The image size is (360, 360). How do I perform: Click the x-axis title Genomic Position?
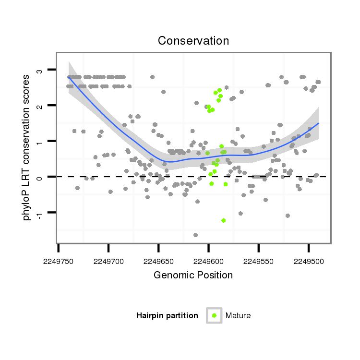(193, 275)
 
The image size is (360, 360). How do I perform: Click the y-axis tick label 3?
(40, 71)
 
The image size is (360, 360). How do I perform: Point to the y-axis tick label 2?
(40, 106)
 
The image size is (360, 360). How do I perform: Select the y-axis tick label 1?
(40, 142)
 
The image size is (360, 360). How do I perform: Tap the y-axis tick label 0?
(40, 177)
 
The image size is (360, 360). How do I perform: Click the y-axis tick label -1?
(40, 214)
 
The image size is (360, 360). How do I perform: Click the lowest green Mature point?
(223, 220)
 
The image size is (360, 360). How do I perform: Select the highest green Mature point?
(219, 90)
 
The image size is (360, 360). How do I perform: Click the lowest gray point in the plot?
(195, 235)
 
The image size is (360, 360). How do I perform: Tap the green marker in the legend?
(214, 315)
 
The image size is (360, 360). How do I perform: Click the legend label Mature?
(238, 315)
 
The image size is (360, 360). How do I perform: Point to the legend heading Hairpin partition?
(167, 315)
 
